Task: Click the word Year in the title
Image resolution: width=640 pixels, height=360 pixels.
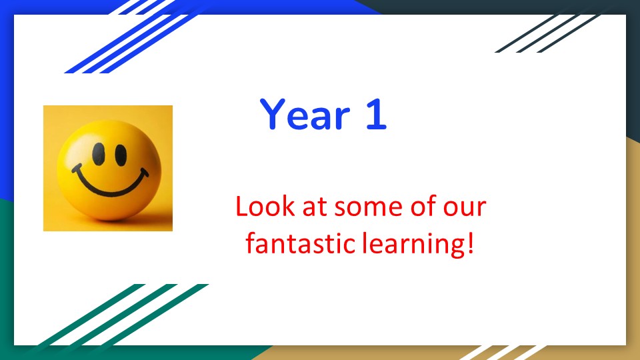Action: click(305, 114)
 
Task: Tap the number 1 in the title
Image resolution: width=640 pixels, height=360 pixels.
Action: click(376, 114)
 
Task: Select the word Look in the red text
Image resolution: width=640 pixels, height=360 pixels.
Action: click(265, 206)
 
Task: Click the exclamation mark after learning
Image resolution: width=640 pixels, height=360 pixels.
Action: click(470, 243)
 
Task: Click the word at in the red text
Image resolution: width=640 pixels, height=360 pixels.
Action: click(315, 207)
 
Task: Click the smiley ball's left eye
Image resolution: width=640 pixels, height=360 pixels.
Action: click(99, 154)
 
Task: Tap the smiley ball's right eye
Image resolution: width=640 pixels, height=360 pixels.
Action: click(121, 155)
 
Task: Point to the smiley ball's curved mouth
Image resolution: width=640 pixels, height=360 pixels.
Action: click(109, 189)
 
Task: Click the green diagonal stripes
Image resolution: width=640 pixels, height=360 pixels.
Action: click(123, 314)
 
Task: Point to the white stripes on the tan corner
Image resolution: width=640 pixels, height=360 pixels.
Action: click(503, 353)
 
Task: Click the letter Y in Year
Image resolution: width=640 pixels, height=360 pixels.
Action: click(272, 114)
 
